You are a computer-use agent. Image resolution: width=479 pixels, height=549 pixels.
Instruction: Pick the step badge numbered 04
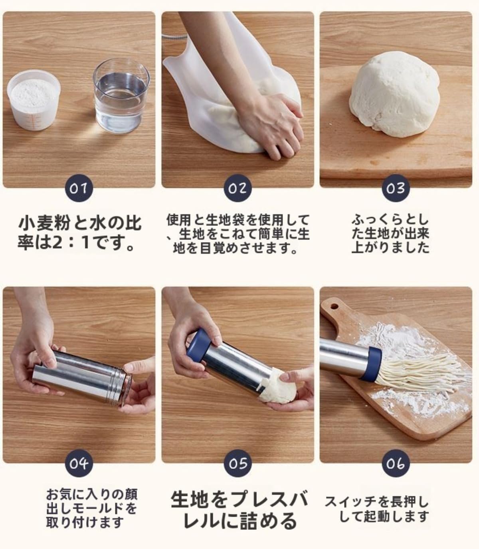click(79, 464)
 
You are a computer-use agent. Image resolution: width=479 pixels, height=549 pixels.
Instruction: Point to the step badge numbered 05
click(238, 464)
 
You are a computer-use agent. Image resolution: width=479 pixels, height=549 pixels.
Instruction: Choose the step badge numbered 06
click(396, 464)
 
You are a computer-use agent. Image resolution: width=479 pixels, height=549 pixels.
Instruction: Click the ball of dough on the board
click(393, 96)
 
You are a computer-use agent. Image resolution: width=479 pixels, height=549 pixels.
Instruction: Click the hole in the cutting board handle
click(334, 307)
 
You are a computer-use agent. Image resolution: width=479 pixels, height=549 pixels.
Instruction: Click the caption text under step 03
click(390, 234)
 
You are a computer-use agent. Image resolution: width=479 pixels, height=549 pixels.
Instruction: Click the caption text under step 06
click(376, 509)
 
